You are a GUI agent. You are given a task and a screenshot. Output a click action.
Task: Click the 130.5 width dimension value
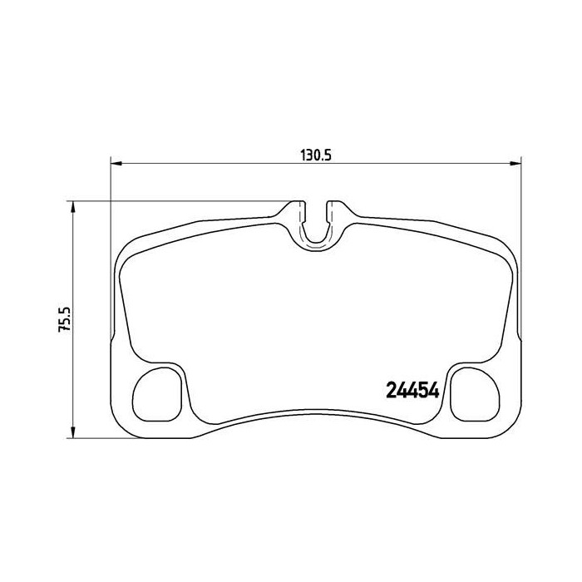pyautogui.click(x=315, y=155)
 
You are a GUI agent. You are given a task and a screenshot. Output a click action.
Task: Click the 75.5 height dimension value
pyautogui.click(x=64, y=319)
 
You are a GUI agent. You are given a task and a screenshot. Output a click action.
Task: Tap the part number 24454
pyautogui.click(x=412, y=390)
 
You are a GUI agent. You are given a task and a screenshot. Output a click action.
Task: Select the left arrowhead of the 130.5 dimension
pyautogui.click(x=116, y=163)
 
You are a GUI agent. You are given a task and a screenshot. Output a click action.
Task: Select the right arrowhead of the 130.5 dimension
pyautogui.click(x=516, y=163)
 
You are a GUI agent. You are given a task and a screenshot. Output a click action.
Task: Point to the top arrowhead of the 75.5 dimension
pyautogui.click(x=73, y=207)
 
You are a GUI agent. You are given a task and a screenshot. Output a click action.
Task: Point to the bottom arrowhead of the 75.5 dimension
pyautogui.click(x=73, y=432)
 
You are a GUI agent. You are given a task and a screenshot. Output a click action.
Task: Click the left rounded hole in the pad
pyautogui.click(x=157, y=395)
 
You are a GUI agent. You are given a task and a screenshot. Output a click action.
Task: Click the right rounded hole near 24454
pyautogui.click(x=475, y=395)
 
